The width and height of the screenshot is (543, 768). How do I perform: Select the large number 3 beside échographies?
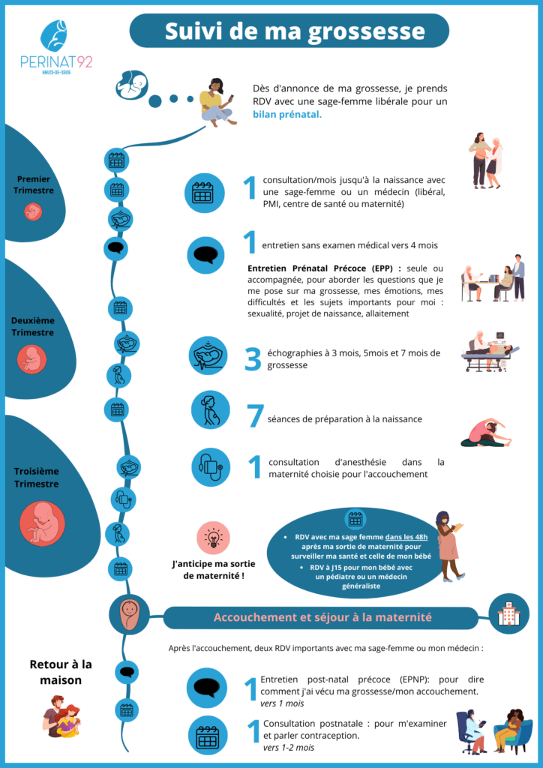click(x=253, y=358)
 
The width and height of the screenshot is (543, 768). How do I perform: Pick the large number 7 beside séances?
click(x=254, y=418)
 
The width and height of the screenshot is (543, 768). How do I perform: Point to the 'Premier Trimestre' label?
click(x=34, y=184)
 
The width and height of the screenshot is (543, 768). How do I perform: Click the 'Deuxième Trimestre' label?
click(x=33, y=326)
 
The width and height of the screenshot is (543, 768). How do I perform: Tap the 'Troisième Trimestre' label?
click(x=36, y=478)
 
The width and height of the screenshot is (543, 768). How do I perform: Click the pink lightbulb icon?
click(x=213, y=537)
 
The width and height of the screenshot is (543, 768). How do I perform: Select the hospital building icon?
click(x=508, y=613)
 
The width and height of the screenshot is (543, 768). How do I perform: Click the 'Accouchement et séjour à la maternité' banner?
click(x=322, y=617)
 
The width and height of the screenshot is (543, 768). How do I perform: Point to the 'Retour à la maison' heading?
click(x=61, y=671)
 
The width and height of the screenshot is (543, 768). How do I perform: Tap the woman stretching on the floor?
click(x=486, y=433)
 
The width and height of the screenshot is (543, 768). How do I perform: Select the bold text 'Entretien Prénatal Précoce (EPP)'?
click(x=325, y=268)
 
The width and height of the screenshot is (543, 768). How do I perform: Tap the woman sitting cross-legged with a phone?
click(x=216, y=103)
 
